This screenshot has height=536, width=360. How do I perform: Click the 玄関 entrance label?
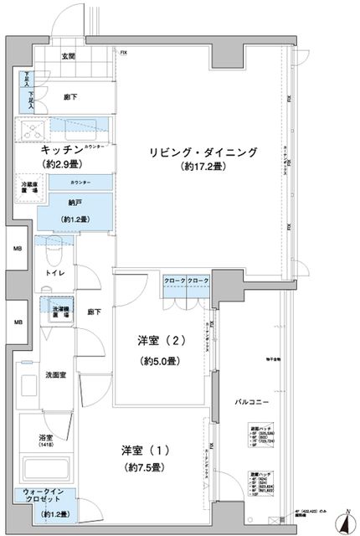click(68, 56)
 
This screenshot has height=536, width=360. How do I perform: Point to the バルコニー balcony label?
click(251, 402)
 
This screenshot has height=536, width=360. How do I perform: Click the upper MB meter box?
click(17, 250)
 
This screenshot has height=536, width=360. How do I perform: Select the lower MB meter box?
click(17, 322)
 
